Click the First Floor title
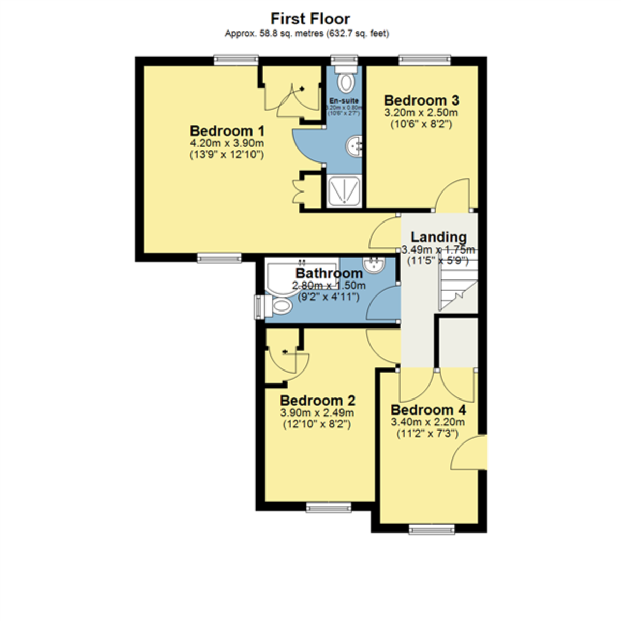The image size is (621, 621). coord(310,19)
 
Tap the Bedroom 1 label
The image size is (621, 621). coord(227,130)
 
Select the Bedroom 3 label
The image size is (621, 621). coord(421,100)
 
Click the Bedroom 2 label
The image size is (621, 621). coord(317,400)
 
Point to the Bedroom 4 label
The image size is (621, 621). coord(428,410)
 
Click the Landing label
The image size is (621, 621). coord(438,237)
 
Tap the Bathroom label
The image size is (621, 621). coord(329,273)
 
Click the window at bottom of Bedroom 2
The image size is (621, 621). coord(329,507)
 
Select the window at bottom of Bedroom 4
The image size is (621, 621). coord(432,528)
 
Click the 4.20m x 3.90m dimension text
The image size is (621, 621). coord(227,143)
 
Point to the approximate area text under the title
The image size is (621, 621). coord(306,34)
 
